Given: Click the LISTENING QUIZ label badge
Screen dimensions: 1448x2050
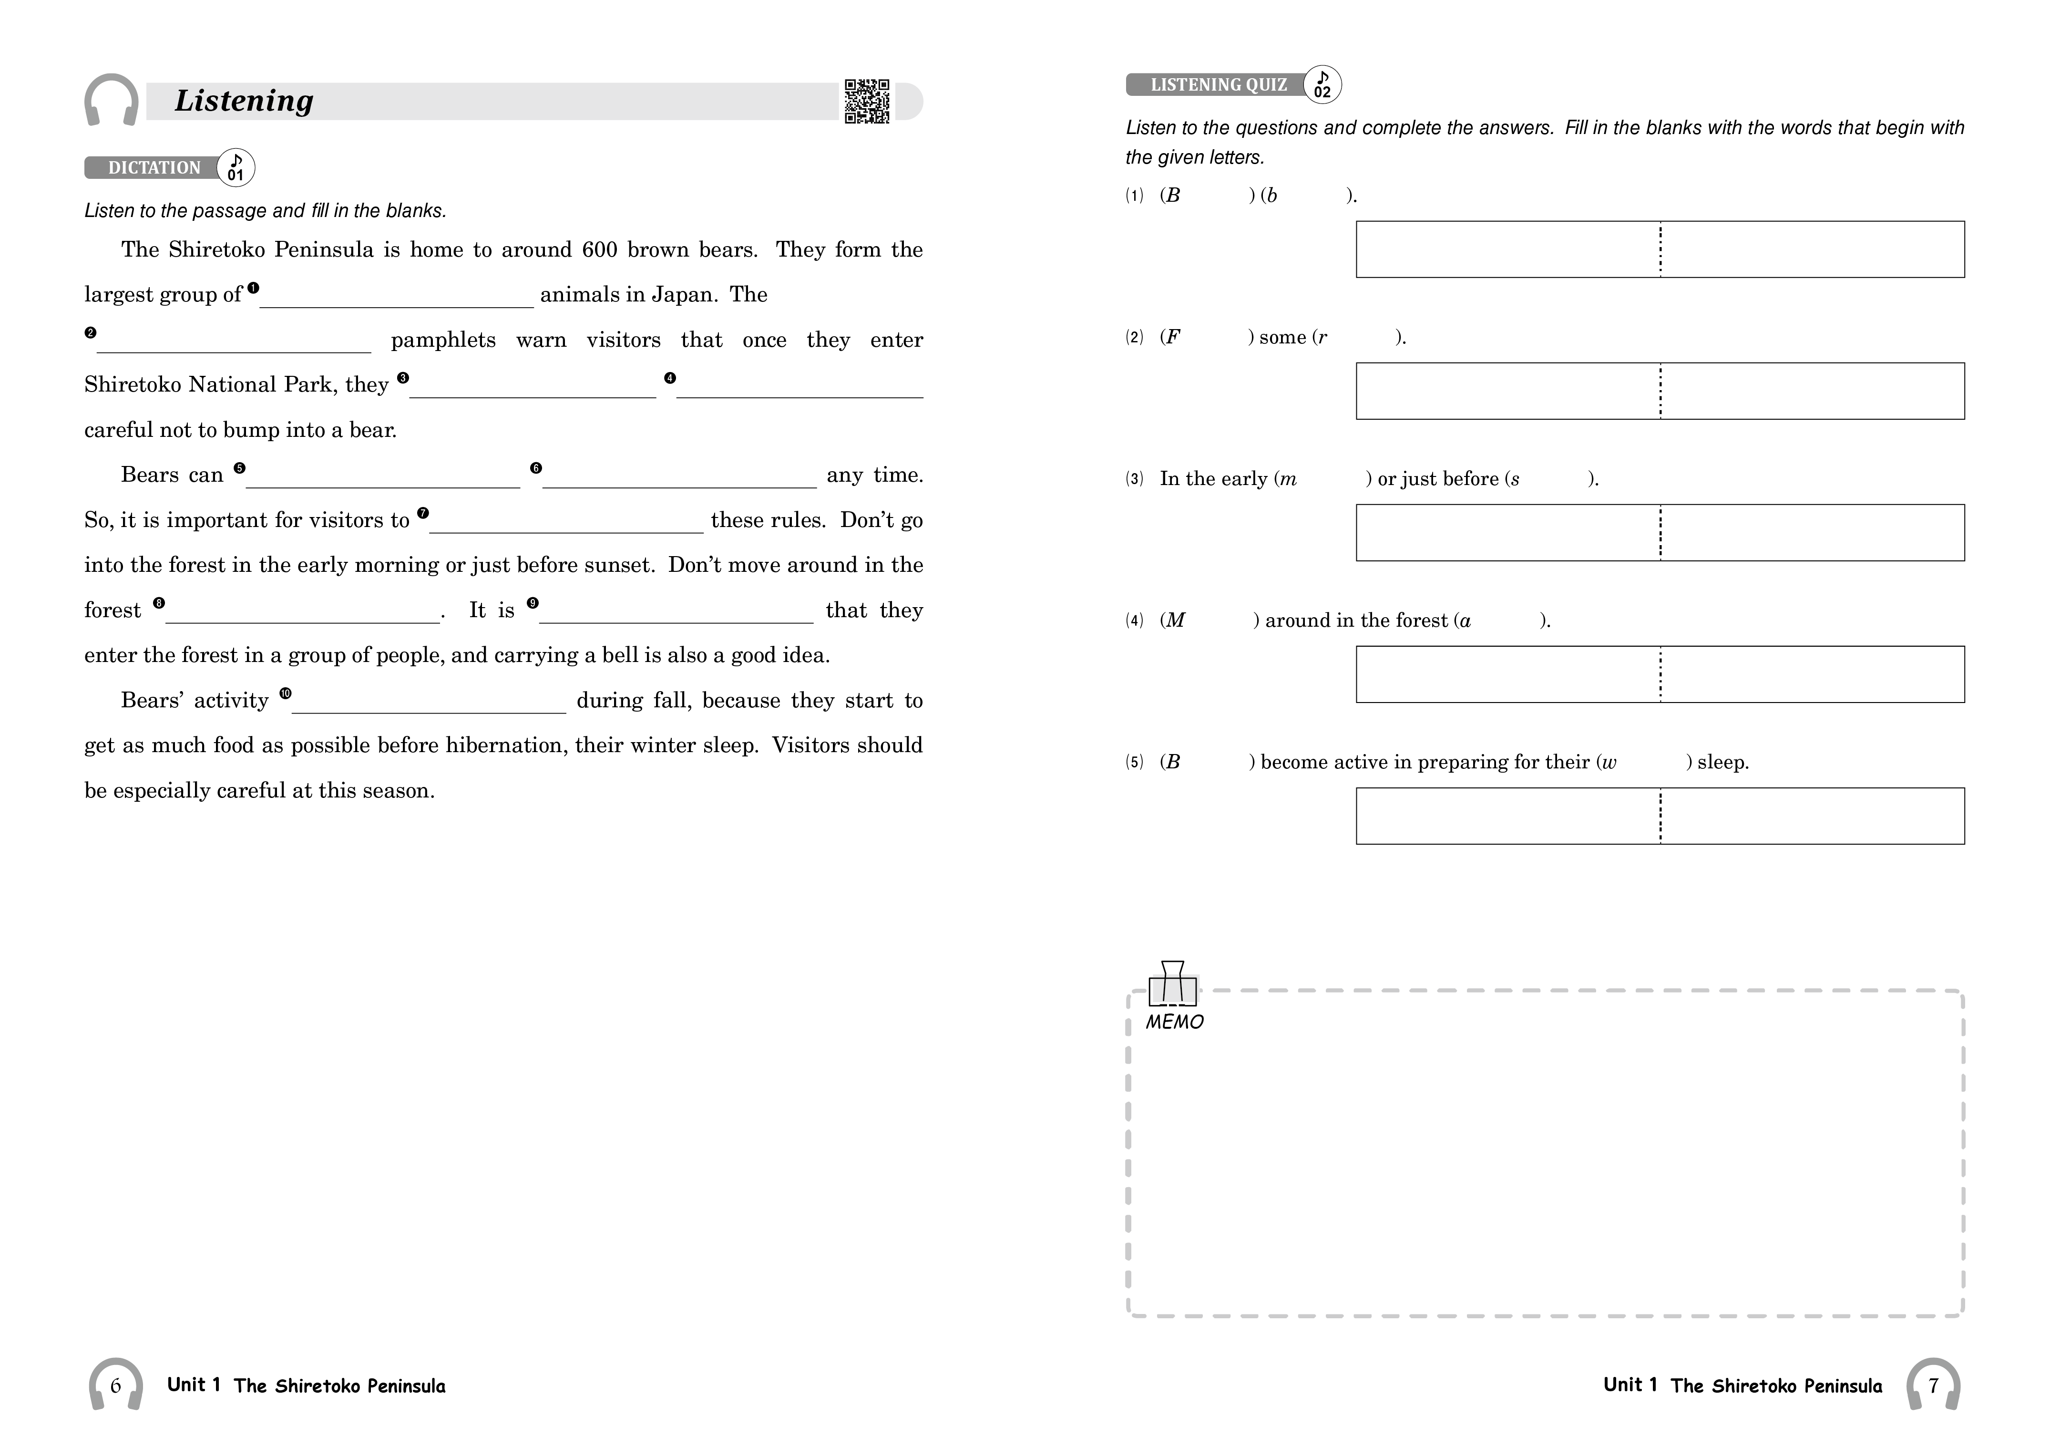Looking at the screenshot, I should coord(1218,85).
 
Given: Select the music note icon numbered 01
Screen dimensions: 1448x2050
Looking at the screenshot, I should coord(236,167).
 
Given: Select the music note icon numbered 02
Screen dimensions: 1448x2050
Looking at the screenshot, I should coord(1322,84).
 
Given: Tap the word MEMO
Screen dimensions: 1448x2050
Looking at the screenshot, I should coord(1174,1022).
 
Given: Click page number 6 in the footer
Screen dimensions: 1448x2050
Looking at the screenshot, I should coord(115,1386).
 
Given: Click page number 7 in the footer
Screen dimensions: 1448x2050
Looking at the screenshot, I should coord(1933,1386).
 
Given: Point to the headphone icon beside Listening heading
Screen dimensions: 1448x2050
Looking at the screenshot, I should coord(112,100).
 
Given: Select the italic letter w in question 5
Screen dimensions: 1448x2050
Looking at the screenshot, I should coord(1609,763).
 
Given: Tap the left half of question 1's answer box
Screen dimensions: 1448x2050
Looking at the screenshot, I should coord(1507,249).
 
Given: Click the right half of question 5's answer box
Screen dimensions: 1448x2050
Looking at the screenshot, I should coord(1813,816).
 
